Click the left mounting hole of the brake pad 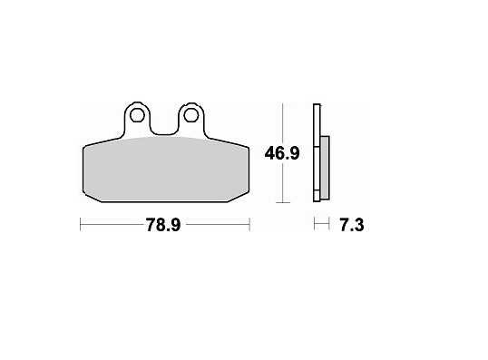137,116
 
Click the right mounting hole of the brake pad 191,115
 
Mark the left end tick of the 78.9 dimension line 81,224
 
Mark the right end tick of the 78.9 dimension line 249,224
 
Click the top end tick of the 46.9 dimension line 284,104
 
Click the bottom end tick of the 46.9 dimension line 284,201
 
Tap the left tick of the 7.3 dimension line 315,224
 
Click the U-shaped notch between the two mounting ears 164,127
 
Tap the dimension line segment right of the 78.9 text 218,224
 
